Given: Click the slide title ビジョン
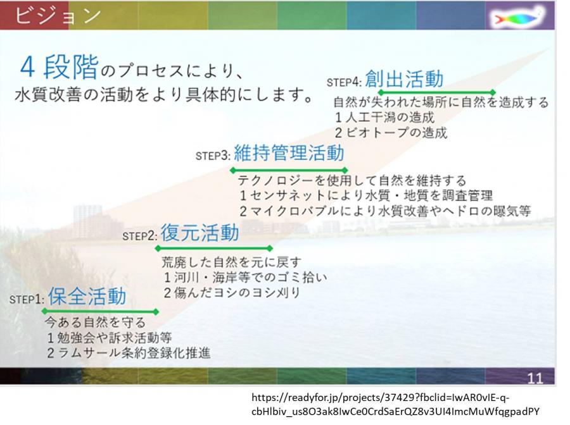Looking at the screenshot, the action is [x=57, y=15].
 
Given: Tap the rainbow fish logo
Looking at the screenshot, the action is [x=518, y=16].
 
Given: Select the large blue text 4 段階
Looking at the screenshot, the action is [x=60, y=67].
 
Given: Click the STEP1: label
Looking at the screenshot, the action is [x=27, y=299].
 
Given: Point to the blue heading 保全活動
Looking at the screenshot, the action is [x=87, y=296].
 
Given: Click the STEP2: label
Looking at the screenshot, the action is [x=140, y=236].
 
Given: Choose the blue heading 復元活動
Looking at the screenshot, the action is [x=199, y=233].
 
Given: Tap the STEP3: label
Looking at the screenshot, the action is [x=213, y=156].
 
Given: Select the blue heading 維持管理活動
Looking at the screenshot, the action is [x=289, y=152].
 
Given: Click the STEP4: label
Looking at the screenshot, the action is [x=344, y=82].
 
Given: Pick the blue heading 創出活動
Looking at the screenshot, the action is [x=404, y=79].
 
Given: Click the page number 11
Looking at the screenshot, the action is [x=535, y=379].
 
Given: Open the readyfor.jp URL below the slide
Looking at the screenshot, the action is [x=395, y=404].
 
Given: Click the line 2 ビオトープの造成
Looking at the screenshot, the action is [x=391, y=133].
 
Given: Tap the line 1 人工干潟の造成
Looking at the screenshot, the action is [x=384, y=117].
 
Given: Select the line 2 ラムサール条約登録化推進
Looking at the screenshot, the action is [x=129, y=353].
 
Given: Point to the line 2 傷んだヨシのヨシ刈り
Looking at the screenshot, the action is [x=232, y=293].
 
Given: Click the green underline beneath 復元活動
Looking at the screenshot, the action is [x=214, y=249].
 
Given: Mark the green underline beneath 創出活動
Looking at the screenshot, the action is [x=436, y=92].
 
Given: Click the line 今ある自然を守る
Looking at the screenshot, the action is [x=95, y=322].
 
